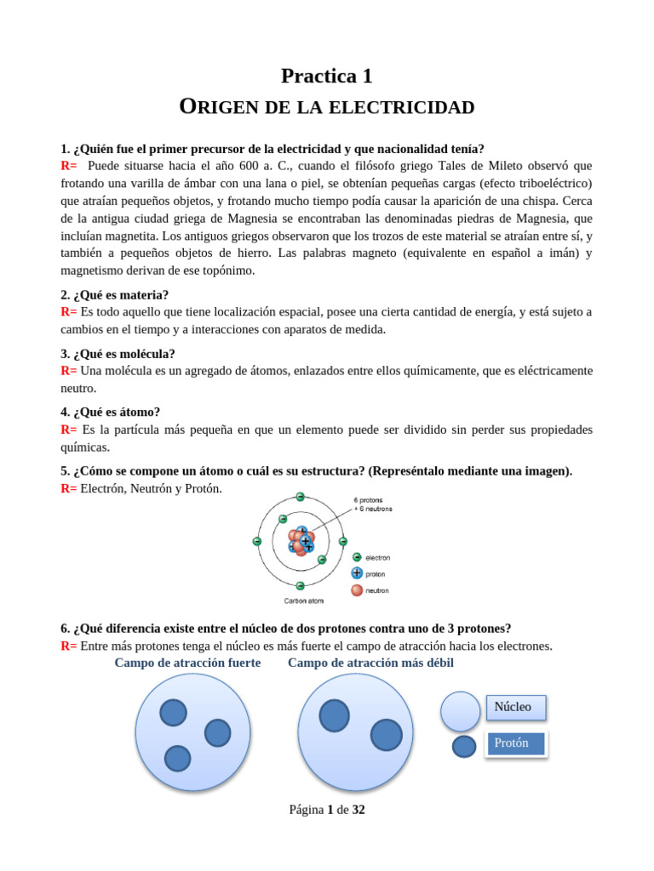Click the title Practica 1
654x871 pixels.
pyautogui.click(x=327, y=76)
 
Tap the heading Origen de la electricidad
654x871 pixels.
pyautogui.click(x=327, y=107)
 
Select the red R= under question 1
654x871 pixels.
pyautogui.click(x=68, y=166)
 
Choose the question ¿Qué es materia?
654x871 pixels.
pyautogui.click(x=114, y=295)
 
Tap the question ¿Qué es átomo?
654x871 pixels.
pyautogui.click(x=110, y=412)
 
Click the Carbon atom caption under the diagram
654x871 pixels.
pyautogui.click(x=303, y=600)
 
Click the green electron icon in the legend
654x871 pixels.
pyautogui.click(x=357, y=557)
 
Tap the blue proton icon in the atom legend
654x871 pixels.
pyautogui.click(x=357, y=573)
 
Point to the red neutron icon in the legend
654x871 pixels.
pyautogui.click(x=357, y=589)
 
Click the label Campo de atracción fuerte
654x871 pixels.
pyautogui.click(x=187, y=663)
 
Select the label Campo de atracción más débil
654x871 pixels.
pyautogui.click(x=370, y=663)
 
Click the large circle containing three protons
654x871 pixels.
pyautogui.click(x=192, y=732)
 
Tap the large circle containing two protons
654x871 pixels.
pyautogui.click(x=355, y=732)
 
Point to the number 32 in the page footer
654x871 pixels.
pyautogui.click(x=359, y=810)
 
